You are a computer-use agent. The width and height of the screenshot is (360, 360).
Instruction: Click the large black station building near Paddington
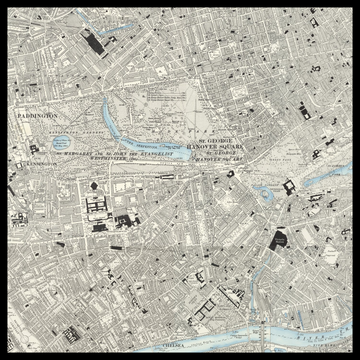click(x=96, y=44)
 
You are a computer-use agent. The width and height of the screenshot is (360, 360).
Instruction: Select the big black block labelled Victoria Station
click(x=279, y=240)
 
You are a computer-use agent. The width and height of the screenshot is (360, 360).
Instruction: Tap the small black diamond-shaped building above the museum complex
click(x=94, y=185)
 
